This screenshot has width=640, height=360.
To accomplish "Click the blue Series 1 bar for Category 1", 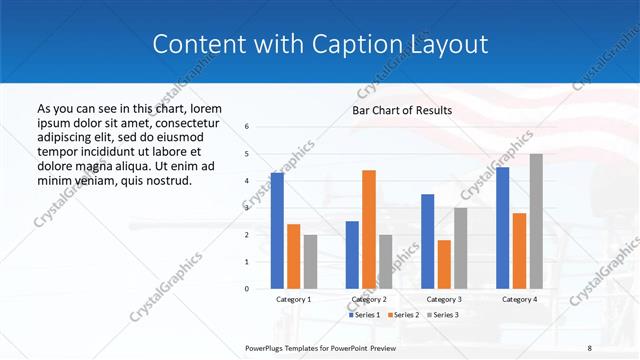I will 277,231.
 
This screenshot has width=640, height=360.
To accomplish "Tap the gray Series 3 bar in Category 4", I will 536,221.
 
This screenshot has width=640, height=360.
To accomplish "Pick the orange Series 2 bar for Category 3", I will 444,264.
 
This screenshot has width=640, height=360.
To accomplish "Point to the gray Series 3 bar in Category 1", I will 311,262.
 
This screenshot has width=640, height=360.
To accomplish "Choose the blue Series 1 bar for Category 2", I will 352,255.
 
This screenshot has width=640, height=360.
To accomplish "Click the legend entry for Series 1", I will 365,314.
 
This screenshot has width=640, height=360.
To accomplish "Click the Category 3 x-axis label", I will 444,299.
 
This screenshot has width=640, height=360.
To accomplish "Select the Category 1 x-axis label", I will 294,299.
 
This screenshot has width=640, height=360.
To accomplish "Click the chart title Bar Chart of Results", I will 402,110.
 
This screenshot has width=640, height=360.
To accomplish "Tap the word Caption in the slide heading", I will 376,44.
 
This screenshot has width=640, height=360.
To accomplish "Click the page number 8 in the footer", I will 589,347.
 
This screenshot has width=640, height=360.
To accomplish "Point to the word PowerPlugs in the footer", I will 266,347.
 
